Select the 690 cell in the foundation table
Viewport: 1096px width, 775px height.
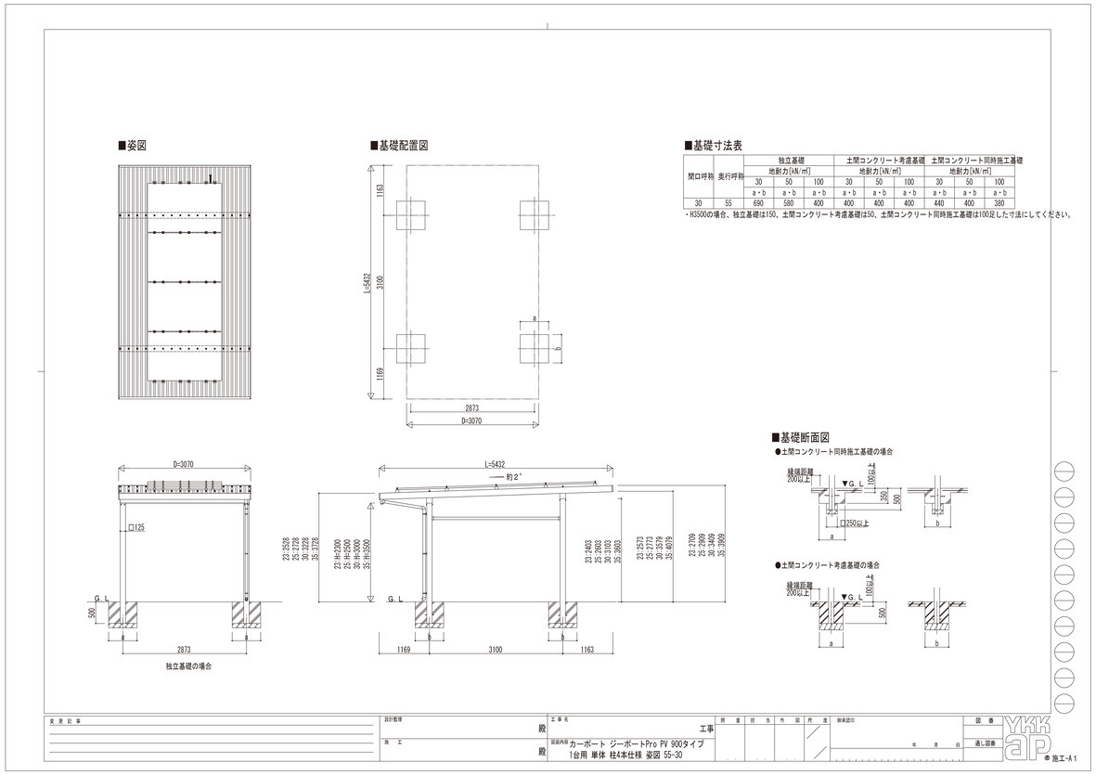click(757, 203)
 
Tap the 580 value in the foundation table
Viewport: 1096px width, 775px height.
click(788, 203)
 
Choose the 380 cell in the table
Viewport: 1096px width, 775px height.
click(999, 203)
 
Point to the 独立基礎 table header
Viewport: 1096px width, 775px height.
click(789, 161)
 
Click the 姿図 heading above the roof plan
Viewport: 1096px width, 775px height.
click(135, 146)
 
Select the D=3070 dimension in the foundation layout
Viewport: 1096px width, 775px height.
click(472, 421)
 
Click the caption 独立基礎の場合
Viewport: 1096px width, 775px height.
click(188, 666)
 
